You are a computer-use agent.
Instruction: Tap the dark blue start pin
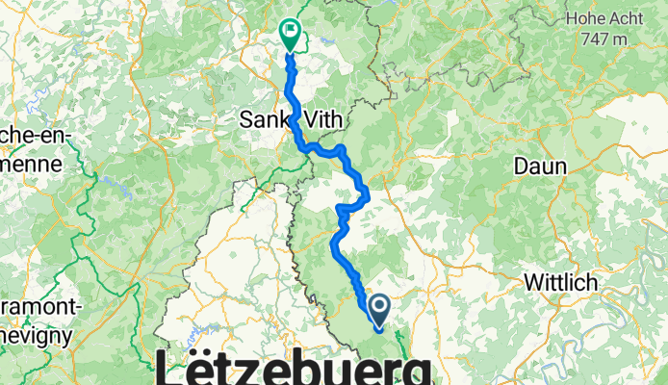tap(378, 308)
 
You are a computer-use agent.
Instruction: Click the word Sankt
tap(266, 120)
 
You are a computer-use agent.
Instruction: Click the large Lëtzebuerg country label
tap(294, 367)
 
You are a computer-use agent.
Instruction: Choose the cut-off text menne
tap(29, 164)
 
